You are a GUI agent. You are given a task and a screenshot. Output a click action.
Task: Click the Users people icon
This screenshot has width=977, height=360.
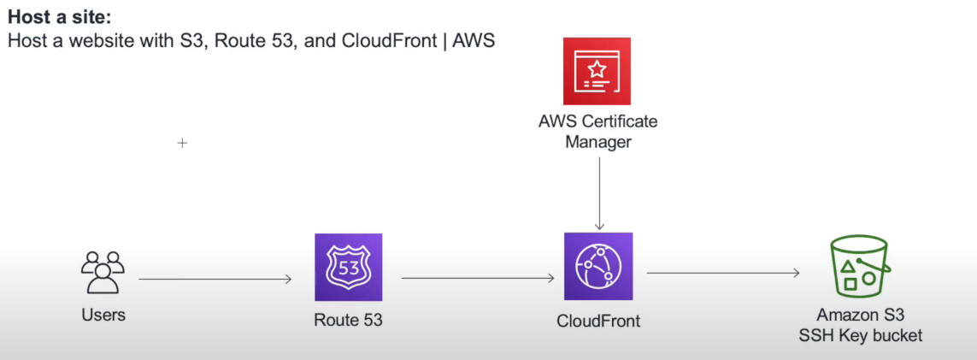pos(103,272)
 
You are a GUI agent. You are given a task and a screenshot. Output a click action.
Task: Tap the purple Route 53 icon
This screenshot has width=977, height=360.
pos(348,267)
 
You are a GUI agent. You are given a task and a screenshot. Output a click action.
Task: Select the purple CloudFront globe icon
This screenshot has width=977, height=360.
pos(598,266)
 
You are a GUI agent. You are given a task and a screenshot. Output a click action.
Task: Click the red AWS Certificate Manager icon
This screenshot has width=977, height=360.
pos(597,71)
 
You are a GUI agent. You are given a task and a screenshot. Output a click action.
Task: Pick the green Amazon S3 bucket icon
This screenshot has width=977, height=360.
pos(860,266)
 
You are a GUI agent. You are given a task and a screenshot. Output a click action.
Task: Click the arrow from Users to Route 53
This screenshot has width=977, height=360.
pos(215,279)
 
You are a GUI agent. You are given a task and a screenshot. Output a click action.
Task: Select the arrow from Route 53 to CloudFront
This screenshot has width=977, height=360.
pos(477,278)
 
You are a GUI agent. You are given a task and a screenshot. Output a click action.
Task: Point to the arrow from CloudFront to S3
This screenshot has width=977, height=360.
pos(722,273)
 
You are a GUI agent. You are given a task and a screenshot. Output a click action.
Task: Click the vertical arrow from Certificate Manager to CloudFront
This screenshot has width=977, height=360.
pos(599,192)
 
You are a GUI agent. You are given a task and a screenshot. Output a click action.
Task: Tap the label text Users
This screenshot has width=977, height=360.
pos(103,315)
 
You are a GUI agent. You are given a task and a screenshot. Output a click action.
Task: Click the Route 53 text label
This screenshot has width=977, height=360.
pos(348,321)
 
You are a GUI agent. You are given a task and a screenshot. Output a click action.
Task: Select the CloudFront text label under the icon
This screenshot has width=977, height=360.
pos(598,321)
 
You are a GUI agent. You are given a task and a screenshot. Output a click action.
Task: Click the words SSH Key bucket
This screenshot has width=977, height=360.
pos(861,335)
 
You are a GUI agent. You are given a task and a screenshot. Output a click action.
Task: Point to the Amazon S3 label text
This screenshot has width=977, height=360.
pos(860,315)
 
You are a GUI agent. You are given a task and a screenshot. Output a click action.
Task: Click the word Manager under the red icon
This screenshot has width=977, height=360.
pos(598,142)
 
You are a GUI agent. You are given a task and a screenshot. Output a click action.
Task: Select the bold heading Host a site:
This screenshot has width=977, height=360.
pos(59,16)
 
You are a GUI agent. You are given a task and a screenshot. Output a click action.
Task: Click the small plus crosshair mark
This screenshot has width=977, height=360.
pos(182,143)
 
